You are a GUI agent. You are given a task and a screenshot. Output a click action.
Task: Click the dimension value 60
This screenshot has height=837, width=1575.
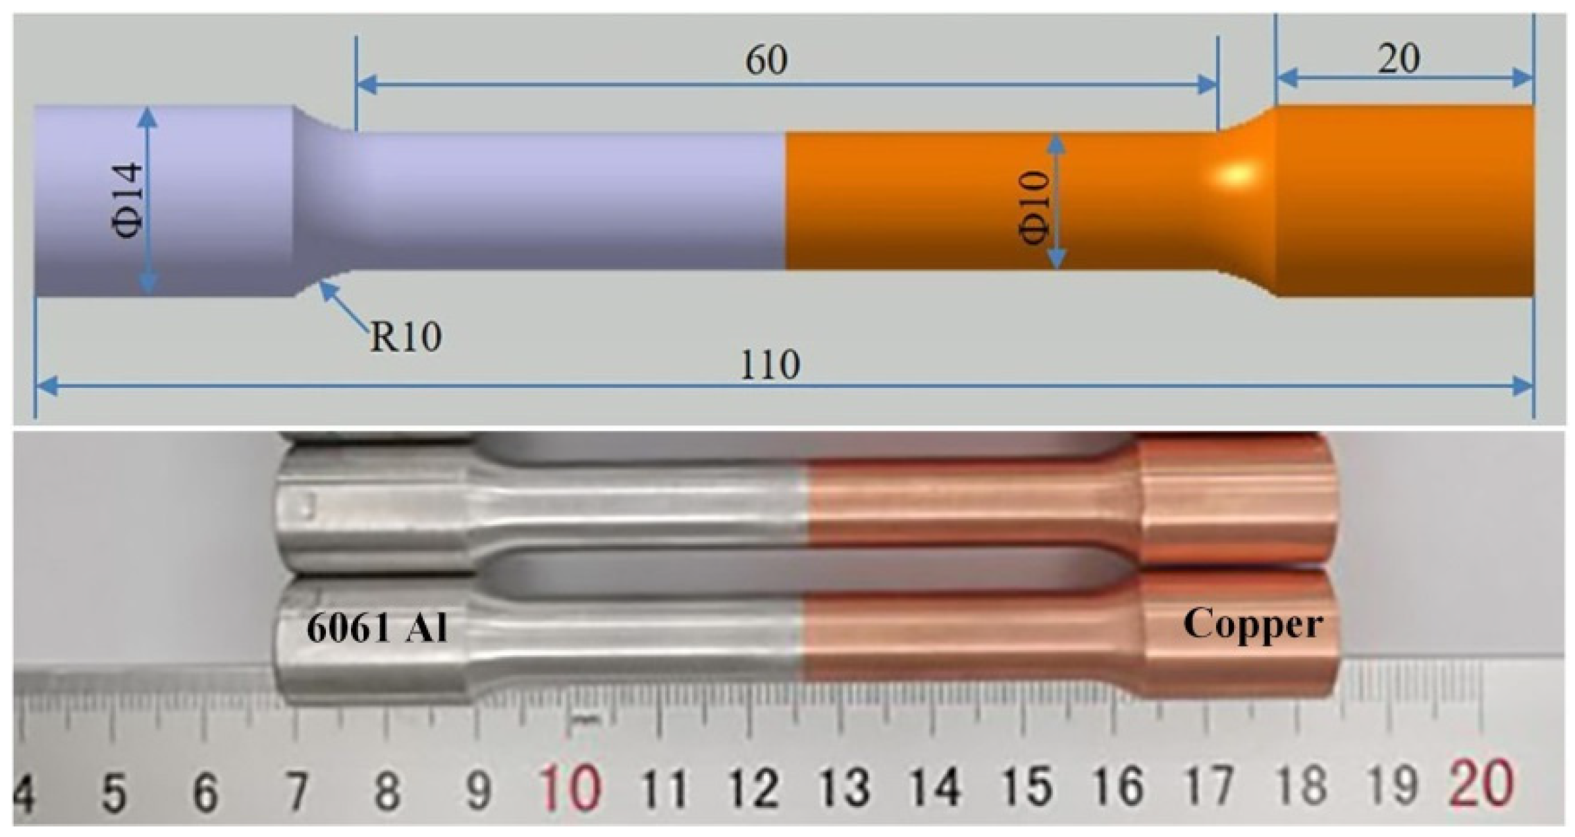click(766, 61)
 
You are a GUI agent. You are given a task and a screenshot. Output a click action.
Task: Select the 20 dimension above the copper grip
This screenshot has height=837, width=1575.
click(1399, 59)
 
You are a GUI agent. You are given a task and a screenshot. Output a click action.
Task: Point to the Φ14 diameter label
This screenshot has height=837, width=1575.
click(126, 200)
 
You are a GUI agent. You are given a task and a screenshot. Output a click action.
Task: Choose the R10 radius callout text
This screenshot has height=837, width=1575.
click(405, 337)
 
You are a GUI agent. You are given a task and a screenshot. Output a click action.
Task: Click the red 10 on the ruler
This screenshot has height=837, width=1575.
click(570, 788)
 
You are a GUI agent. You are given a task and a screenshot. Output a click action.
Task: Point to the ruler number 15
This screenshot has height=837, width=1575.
click(1028, 786)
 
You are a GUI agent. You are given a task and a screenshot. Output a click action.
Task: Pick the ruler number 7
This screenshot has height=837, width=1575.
click(298, 790)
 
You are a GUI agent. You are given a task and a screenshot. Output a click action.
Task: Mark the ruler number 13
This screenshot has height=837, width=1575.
click(845, 786)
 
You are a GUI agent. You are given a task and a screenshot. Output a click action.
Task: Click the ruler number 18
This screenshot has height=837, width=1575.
click(1302, 785)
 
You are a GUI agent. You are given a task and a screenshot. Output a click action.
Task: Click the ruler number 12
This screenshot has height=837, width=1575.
click(754, 787)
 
